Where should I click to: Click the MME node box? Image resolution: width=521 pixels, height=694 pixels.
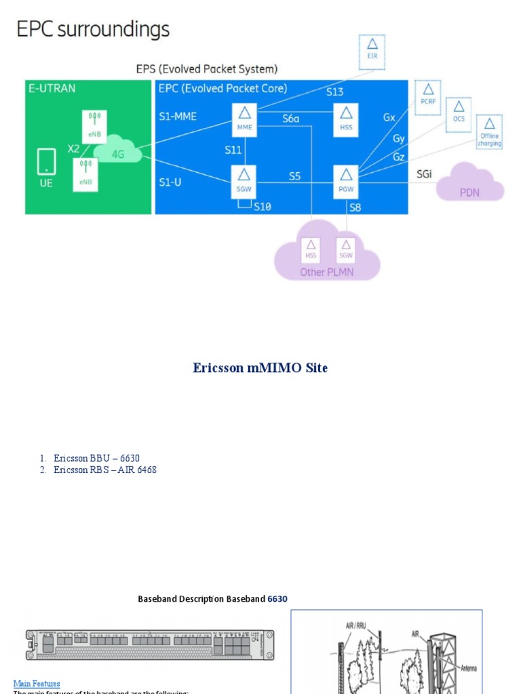coord(244,120)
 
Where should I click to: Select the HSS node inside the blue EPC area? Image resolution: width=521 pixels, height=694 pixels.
coord(347,120)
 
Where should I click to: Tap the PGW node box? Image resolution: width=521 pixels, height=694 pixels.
coord(347,181)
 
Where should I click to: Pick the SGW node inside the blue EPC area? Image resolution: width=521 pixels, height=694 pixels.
coord(244,181)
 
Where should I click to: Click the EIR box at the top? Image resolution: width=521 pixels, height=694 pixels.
coord(372,52)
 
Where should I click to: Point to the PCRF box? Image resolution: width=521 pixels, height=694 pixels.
coord(427,98)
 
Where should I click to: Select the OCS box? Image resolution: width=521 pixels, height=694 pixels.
coord(459,115)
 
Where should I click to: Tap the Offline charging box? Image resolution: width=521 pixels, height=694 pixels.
coord(490,132)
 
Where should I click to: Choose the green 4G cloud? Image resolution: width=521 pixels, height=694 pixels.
coord(119,152)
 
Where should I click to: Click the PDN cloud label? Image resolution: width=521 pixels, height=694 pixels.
coord(469,192)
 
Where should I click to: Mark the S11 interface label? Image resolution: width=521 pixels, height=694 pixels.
coord(233,150)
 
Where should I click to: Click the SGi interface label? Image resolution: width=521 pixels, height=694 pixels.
coord(424,174)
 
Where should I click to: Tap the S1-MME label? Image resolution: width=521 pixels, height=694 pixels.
coord(178,117)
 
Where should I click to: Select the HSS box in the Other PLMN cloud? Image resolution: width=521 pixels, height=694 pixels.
coord(311,250)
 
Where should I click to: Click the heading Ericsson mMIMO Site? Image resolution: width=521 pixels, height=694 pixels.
coord(260,368)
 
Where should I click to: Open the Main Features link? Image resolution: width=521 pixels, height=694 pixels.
coord(37,683)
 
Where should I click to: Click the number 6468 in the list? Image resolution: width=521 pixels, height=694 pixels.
coord(147,470)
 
